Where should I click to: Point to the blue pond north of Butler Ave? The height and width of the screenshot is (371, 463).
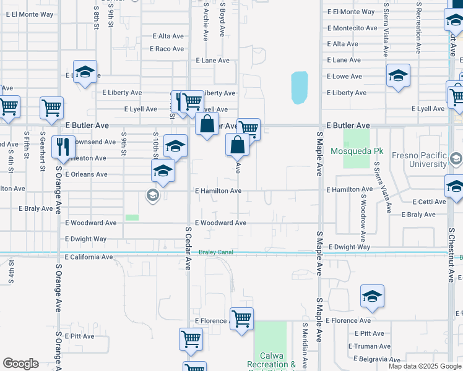[300, 87]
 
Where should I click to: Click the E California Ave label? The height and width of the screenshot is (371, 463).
[89, 257]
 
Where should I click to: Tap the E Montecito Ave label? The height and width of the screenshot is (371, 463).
[352, 28]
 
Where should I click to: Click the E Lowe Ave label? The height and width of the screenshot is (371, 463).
[344, 76]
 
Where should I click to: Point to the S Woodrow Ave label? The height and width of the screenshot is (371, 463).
[363, 210]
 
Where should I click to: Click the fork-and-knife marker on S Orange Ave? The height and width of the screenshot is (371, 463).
[63, 147]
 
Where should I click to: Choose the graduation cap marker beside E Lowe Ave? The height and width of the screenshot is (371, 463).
[398, 75]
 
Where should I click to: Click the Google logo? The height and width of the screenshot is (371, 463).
[20, 364]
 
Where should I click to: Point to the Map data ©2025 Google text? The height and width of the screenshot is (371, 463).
[425, 366]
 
